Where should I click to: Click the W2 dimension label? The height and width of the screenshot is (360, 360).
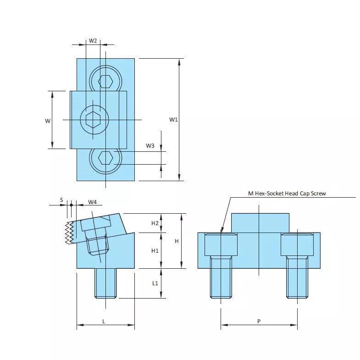[x=93, y=41]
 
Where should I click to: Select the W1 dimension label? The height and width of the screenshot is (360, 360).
[x=173, y=120]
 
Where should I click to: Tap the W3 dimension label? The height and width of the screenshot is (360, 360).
[x=150, y=146]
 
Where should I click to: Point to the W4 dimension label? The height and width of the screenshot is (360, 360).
[x=92, y=202]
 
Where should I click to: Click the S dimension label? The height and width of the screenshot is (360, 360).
[x=61, y=200]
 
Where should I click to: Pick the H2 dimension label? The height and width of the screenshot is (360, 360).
[x=155, y=223]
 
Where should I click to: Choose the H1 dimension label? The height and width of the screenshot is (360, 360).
[x=155, y=251]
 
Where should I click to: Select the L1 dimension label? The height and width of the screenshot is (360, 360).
[x=155, y=283]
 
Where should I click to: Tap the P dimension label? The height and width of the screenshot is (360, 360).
[x=259, y=321]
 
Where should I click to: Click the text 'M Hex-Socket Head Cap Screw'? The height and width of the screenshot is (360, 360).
[x=287, y=194]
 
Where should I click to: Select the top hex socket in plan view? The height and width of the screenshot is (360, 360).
[x=106, y=81]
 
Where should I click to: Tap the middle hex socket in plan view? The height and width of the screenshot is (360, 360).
[x=93, y=119]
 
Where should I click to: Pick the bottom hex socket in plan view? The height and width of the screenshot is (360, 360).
[x=106, y=158]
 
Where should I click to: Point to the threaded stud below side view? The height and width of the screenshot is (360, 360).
[x=105, y=283]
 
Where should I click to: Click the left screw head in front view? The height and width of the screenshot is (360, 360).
[x=221, y=245]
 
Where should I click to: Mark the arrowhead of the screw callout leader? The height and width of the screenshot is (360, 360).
[x=222, y=230]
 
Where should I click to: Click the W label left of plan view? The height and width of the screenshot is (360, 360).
[x=47, y=121]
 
